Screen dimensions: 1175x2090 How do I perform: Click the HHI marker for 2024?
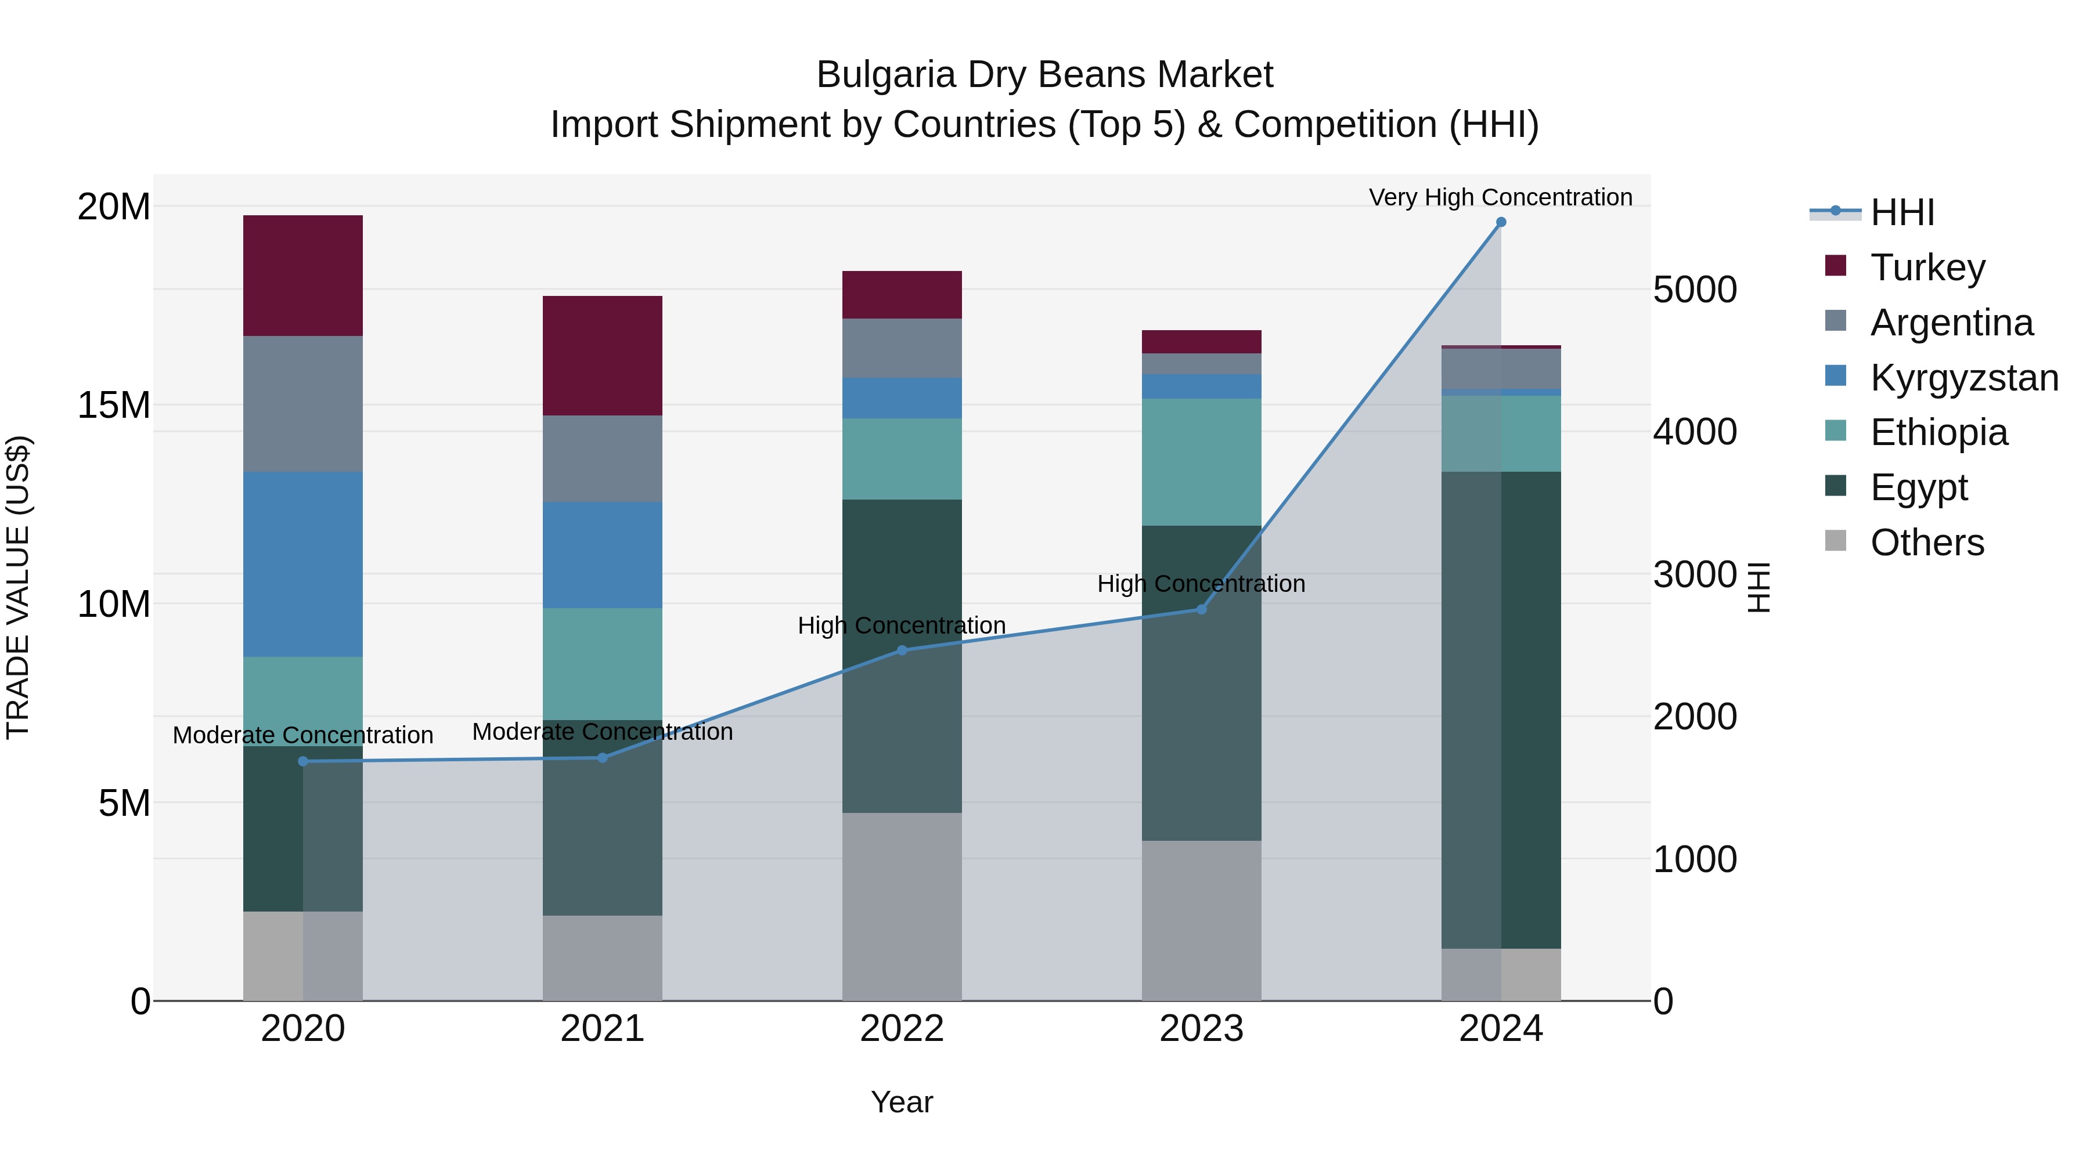coord(1501,222)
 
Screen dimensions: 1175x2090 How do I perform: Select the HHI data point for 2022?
coord(902,650)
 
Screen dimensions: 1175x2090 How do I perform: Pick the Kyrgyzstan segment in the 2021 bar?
coord(602,555)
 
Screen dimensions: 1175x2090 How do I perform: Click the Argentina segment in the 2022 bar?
coord(902,348)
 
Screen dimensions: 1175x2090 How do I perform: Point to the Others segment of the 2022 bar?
coord(902,906)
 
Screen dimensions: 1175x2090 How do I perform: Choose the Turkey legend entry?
coord(1927,267)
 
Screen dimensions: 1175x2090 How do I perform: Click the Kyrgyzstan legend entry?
coord(1963,378)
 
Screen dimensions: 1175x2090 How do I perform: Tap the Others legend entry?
coord(1927,543)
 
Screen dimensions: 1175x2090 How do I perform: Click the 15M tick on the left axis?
coord(114,404)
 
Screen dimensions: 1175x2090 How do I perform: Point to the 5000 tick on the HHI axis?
coord(1695,290)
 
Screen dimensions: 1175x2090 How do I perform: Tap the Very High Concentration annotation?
coord(1500,198)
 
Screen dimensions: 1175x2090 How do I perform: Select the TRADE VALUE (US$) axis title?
coord(18,587)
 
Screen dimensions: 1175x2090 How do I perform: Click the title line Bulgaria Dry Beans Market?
coord(1044,75)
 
